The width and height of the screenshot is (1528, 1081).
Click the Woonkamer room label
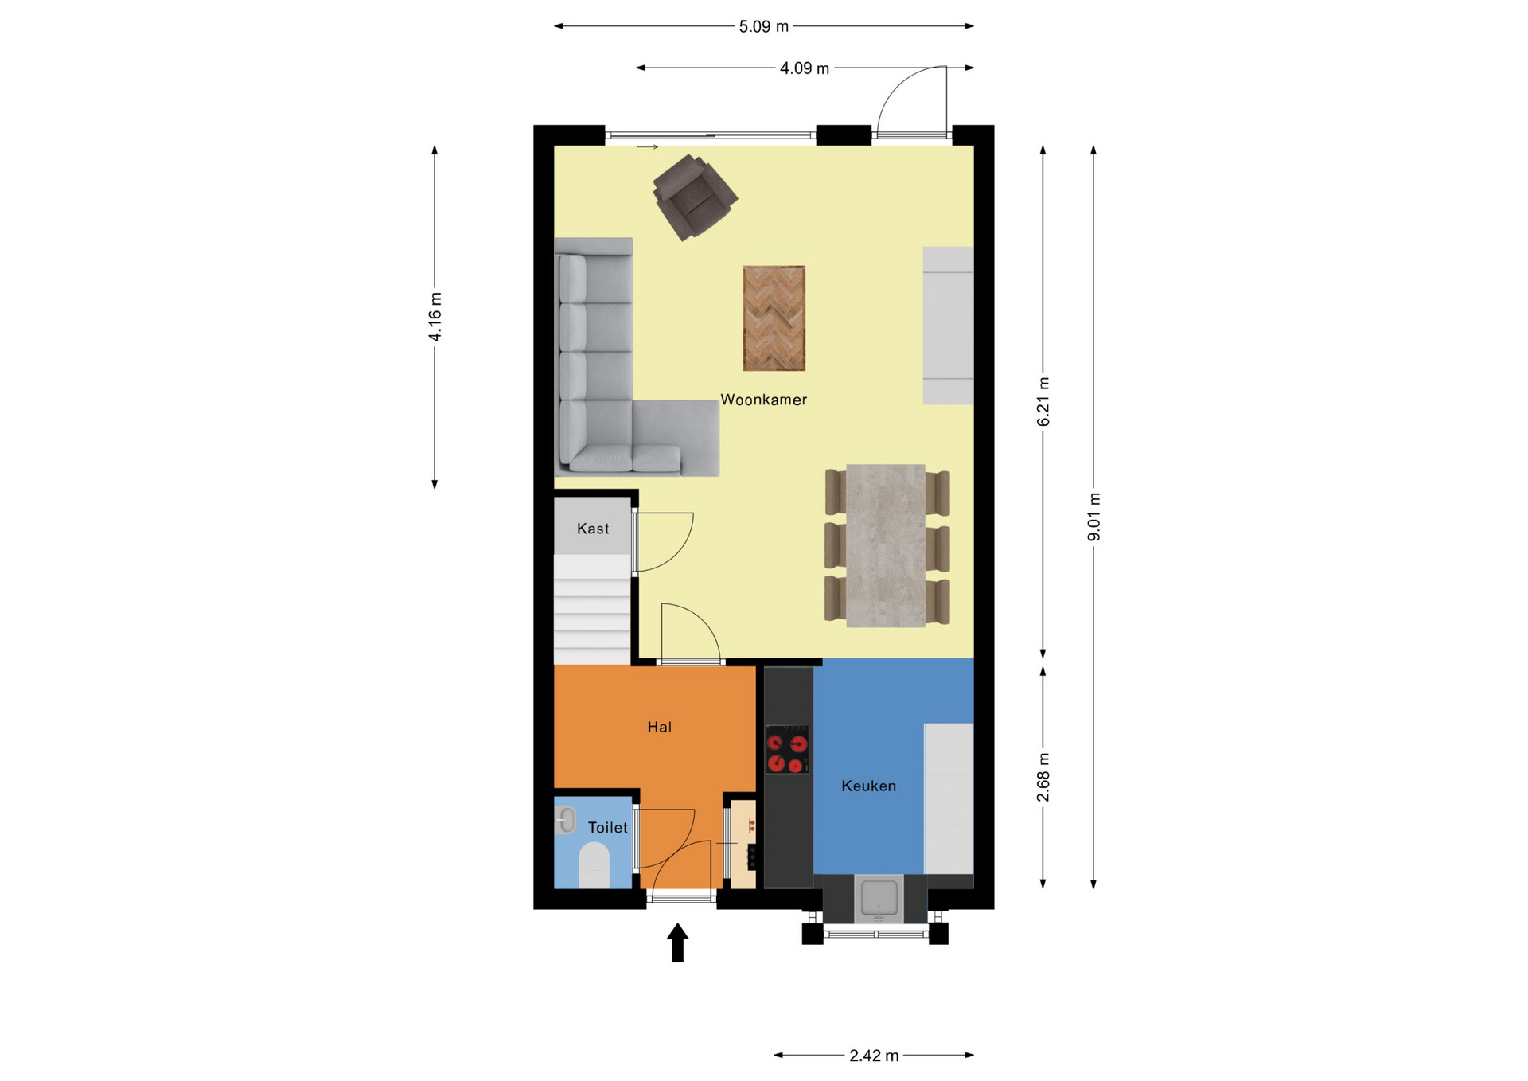pyautogui.click(x=763, y=400)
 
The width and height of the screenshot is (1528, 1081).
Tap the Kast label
pyautogui.click(x=593, y=529)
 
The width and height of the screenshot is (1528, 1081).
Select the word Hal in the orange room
pyautogui.click(x=659, y=727)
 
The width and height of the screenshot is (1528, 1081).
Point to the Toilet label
pyautogui.click(x=608, y=828)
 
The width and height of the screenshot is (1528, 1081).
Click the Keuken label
pyautogui.click(x=868, y=786)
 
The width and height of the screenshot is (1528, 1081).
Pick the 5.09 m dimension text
pyautogui.click(x=763, y=26)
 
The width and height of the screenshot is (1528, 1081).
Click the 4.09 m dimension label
pyautogui.click(x=805, y=68)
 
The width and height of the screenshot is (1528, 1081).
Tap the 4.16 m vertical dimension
pyautogui.click(x=435, y=317)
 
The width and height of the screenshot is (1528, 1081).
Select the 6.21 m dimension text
pyautogui.click(x=1043, y=402)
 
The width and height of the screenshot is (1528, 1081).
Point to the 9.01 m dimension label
pyautogui.click(x=1094, y=517)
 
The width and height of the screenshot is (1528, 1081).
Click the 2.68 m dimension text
pyautogui.click(x=1043, y=778)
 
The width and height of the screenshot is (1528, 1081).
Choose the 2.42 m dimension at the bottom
pyautogui.click(x=874, y=1056)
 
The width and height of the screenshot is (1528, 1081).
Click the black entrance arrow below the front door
pyautogui.click(x=677, y=942)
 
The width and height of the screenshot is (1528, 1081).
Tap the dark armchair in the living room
pyautogui.click(x=695, y=197)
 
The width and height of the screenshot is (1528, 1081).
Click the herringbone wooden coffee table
pyautogui.click(x=774, y=318)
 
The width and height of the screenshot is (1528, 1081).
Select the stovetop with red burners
pyautogui.click(x=787, y=749)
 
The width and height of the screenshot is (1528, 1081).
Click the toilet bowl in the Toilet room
pyautogui.click(x=594, y=865)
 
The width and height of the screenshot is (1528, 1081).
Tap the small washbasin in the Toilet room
pyautogui.click(x=565, y=820)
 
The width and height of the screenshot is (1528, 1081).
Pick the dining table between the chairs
pyautogui.click(x=886, y=546)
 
